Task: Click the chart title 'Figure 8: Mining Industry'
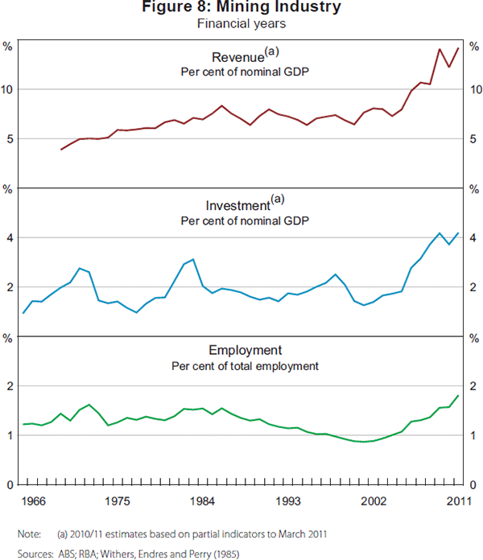pyautogui.click(x=242, y=9)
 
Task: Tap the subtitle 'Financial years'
pyautogui.click(x=242, y=24)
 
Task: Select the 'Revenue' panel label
pyautogui.click(x=238, y=57)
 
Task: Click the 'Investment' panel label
pyautogui.click(x=238, y=205)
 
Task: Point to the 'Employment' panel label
pyautogui.click(x=245, y=351)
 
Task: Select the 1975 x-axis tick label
pyautogui.click(x=118, y=500)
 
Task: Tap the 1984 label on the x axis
pyautogui.click(x=203, y=500)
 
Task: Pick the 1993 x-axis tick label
pyautogui.click(x=288, y=500)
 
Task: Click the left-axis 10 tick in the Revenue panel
pyautogui.click(x=8, y=89)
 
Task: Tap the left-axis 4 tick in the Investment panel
pyautogui.click(x=10, y=238)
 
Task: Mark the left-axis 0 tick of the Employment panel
pyautogui.click(x=10, y=485)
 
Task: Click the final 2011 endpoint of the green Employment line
pyautogui.click(x=459, y=395)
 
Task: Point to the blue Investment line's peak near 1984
pyautogui.click(x=193, y=259)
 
